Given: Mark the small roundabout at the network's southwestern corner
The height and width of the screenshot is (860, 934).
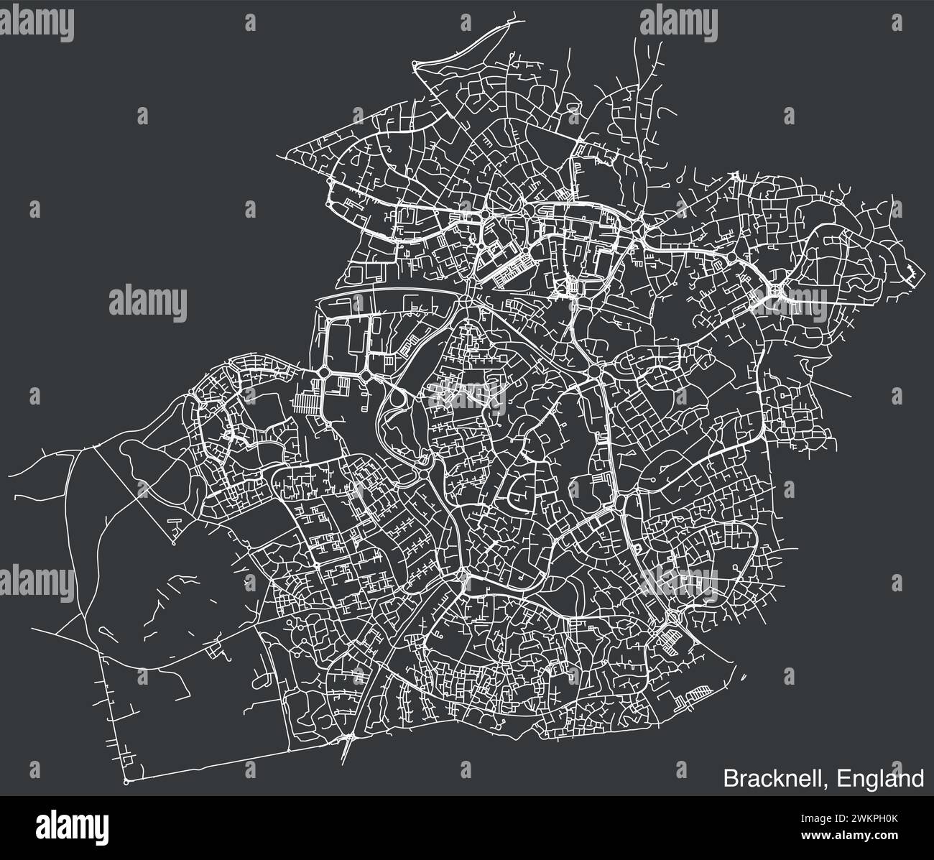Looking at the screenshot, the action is click(x=126, y=780).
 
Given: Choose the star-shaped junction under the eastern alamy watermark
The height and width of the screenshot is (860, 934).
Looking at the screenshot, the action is click(x=775, y=291).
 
